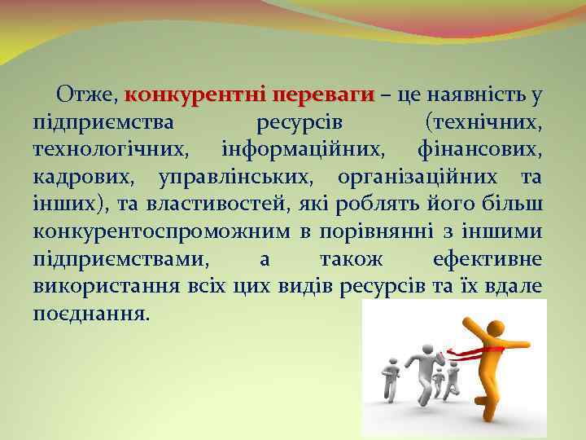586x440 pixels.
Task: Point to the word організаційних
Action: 418,177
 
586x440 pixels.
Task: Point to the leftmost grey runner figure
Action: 391,379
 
